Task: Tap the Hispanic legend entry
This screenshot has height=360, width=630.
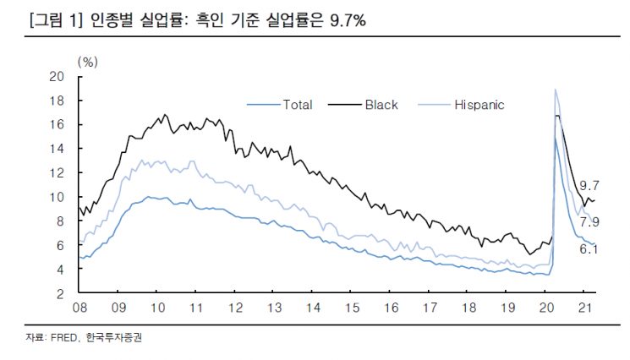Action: pyautogui.click(x=479, y=105)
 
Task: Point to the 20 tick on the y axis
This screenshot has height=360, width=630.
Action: pyautogui.click(x=58, y=76)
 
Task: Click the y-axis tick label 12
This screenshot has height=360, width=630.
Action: pyautogui.click(x=58, y=173)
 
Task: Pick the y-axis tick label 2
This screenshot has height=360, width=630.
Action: pyautogui.click(x=61, y=294)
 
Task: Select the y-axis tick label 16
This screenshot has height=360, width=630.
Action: pyautogui.click(x=58, y=125)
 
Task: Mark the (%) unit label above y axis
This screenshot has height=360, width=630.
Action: pyautogui.click(x=88, y=61)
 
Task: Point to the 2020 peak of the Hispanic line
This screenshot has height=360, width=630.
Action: pyautogui.click(x=555, y=90)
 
